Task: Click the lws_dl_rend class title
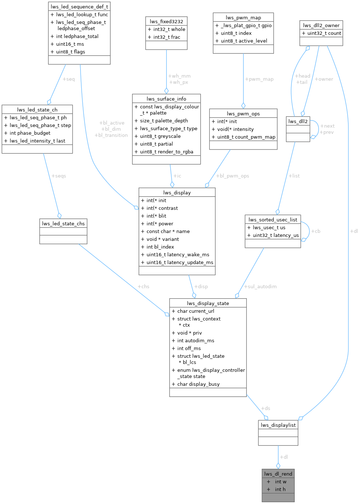coord(278,474)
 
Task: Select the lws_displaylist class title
coord(278,425)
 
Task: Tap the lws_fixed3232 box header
coord(166,21)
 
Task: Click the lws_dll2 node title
coord(298,121)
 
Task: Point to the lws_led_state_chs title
coord(63,224)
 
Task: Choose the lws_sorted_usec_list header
coord(273,220)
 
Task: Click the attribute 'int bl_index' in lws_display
coord(160,247)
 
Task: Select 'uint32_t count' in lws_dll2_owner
coord(324,33)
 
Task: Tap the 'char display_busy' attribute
coord(198,384)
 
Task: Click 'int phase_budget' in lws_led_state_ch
coord(30,133)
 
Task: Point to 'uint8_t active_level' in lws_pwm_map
coord(244,41)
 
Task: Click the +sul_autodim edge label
coord(260,287)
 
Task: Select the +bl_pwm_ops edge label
coord(233,176)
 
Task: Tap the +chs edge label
coord(143,287)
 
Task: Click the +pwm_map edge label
coord(259,79)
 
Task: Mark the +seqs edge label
coord(58,176)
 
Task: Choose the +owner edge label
coord(324,79)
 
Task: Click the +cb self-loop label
coord(316,231)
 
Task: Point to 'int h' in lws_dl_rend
coord(280,489)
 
